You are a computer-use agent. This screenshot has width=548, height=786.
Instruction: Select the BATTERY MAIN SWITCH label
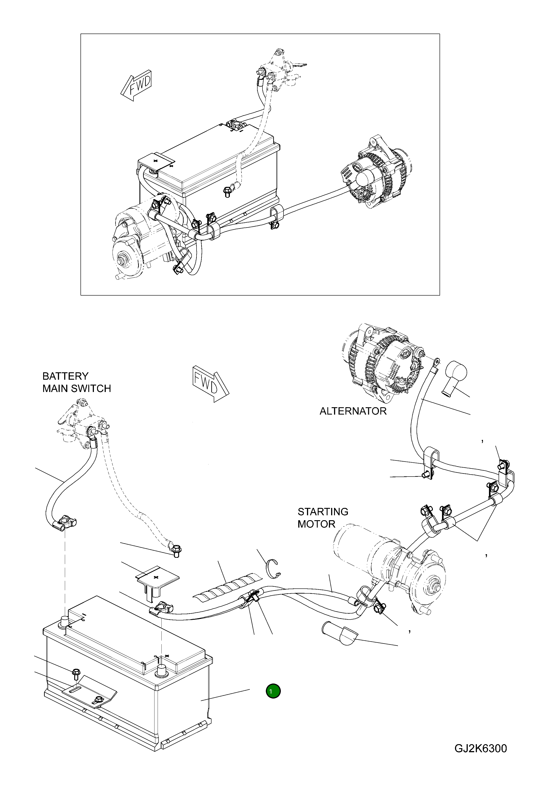[76, 382]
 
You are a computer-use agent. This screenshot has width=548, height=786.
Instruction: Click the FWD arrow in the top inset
[136, 86]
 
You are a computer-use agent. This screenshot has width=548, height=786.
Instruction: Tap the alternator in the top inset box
[375, 173]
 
